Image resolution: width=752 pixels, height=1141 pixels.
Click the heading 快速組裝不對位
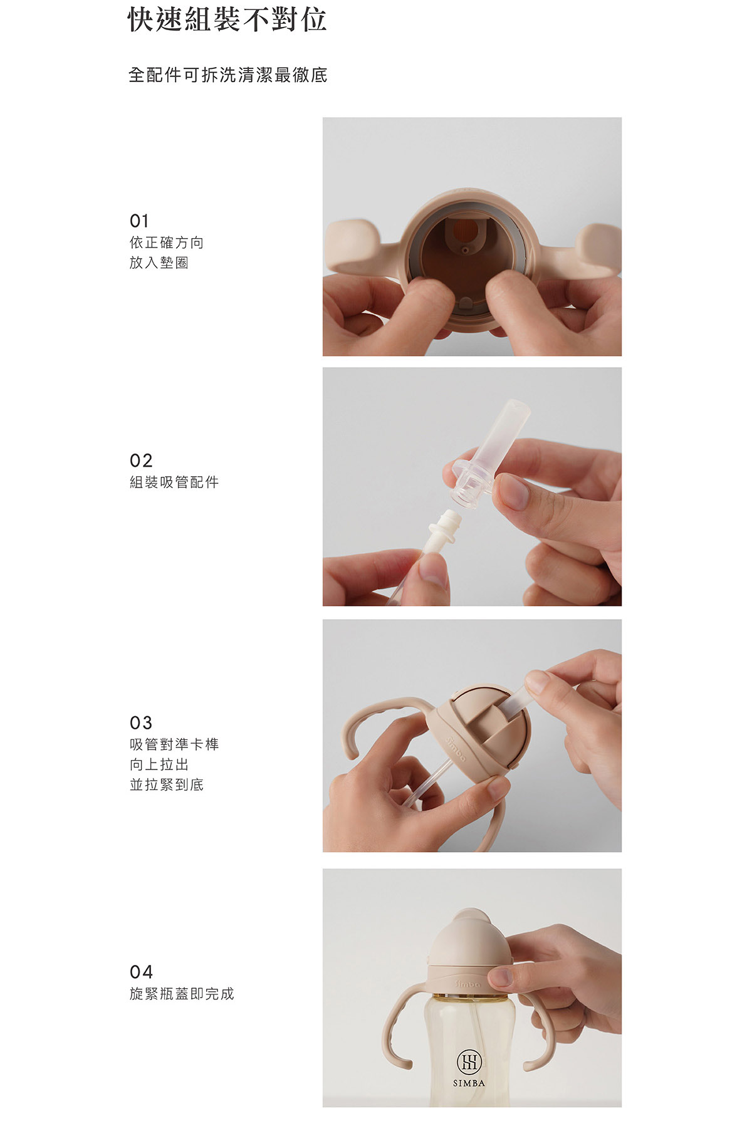(227, 19)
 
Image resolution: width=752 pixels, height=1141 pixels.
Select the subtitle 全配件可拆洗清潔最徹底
(228, 75)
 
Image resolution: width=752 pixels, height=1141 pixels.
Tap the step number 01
(139, 221)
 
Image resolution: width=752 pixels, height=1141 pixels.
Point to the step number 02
(141, 461)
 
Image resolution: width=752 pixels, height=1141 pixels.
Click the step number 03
(141, 723)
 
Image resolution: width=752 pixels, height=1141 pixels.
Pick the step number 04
(141, 972)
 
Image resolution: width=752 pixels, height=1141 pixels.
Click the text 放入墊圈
(159, 263)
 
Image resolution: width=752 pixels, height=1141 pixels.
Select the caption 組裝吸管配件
(174, 482)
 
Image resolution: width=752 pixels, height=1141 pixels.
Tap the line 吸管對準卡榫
(174, 744)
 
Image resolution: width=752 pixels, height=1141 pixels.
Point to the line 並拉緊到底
(167, 784)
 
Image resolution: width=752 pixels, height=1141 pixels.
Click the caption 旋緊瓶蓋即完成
(182, 994)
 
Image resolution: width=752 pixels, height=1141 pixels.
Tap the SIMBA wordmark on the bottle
(469, 1083)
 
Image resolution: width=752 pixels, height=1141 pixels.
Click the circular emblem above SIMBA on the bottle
(469, 1061)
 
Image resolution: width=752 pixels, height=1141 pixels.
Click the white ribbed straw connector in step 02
(441, 532)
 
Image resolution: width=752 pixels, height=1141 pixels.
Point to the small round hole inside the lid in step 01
(464, 250)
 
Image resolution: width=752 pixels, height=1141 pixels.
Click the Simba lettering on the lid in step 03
(456, 749)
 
